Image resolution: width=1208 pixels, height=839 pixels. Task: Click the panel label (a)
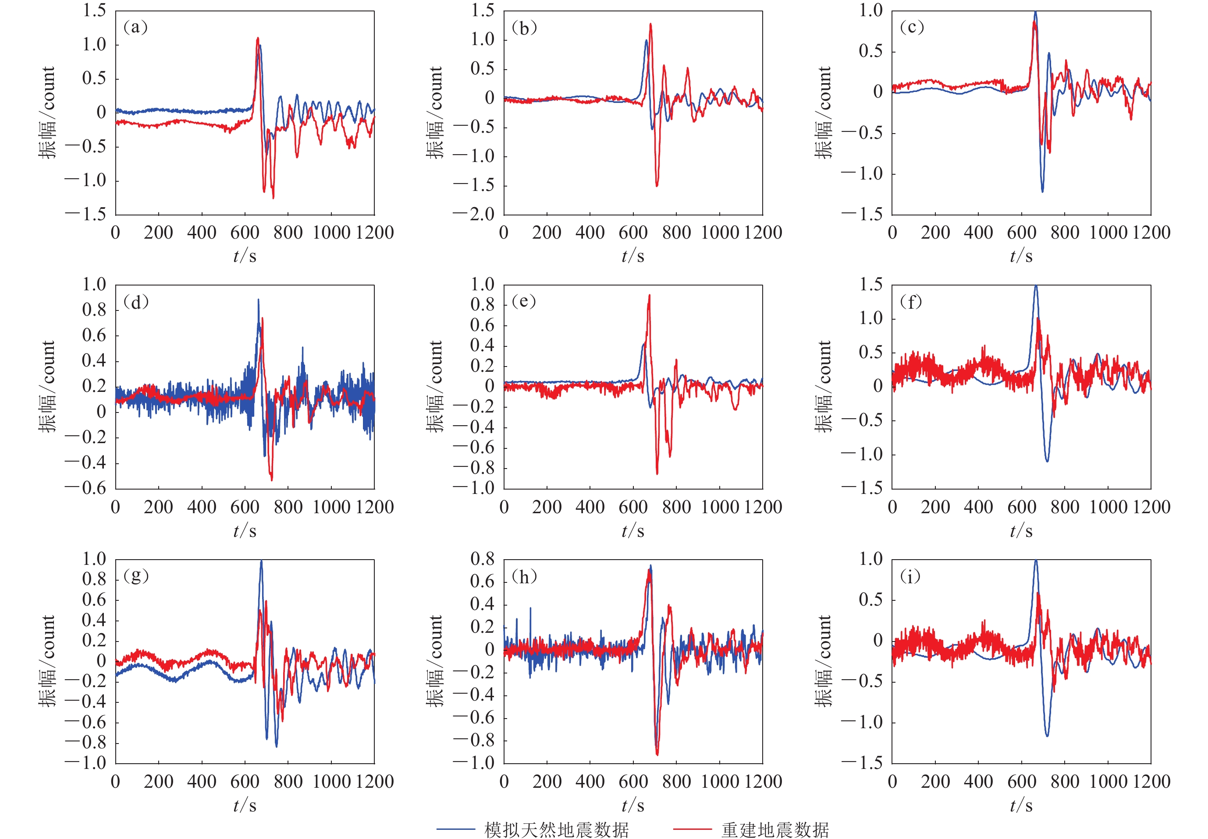135,27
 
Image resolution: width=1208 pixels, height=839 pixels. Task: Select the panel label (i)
911,577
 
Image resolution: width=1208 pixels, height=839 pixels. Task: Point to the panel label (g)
136,576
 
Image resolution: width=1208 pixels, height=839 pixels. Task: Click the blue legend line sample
456,829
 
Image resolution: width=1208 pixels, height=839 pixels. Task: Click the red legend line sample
693,829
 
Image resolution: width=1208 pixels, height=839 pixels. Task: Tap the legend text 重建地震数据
775,829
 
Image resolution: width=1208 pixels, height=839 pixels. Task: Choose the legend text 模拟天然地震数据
556,829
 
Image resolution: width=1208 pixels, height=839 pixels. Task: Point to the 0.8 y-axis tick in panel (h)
483,559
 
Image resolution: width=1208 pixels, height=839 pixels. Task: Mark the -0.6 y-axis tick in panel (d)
86,488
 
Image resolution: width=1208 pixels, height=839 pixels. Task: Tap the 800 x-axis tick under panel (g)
288,781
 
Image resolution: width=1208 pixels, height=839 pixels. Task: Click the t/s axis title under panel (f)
1021,531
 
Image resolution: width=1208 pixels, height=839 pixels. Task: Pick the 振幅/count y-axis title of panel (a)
47,112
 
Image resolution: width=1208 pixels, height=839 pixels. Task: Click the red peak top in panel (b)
651,24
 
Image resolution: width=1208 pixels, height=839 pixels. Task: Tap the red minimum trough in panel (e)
657,474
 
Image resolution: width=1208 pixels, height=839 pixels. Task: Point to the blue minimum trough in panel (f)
1047,461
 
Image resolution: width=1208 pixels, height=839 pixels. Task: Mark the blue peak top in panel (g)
262,561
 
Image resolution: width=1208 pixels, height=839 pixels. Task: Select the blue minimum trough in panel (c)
1042,191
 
